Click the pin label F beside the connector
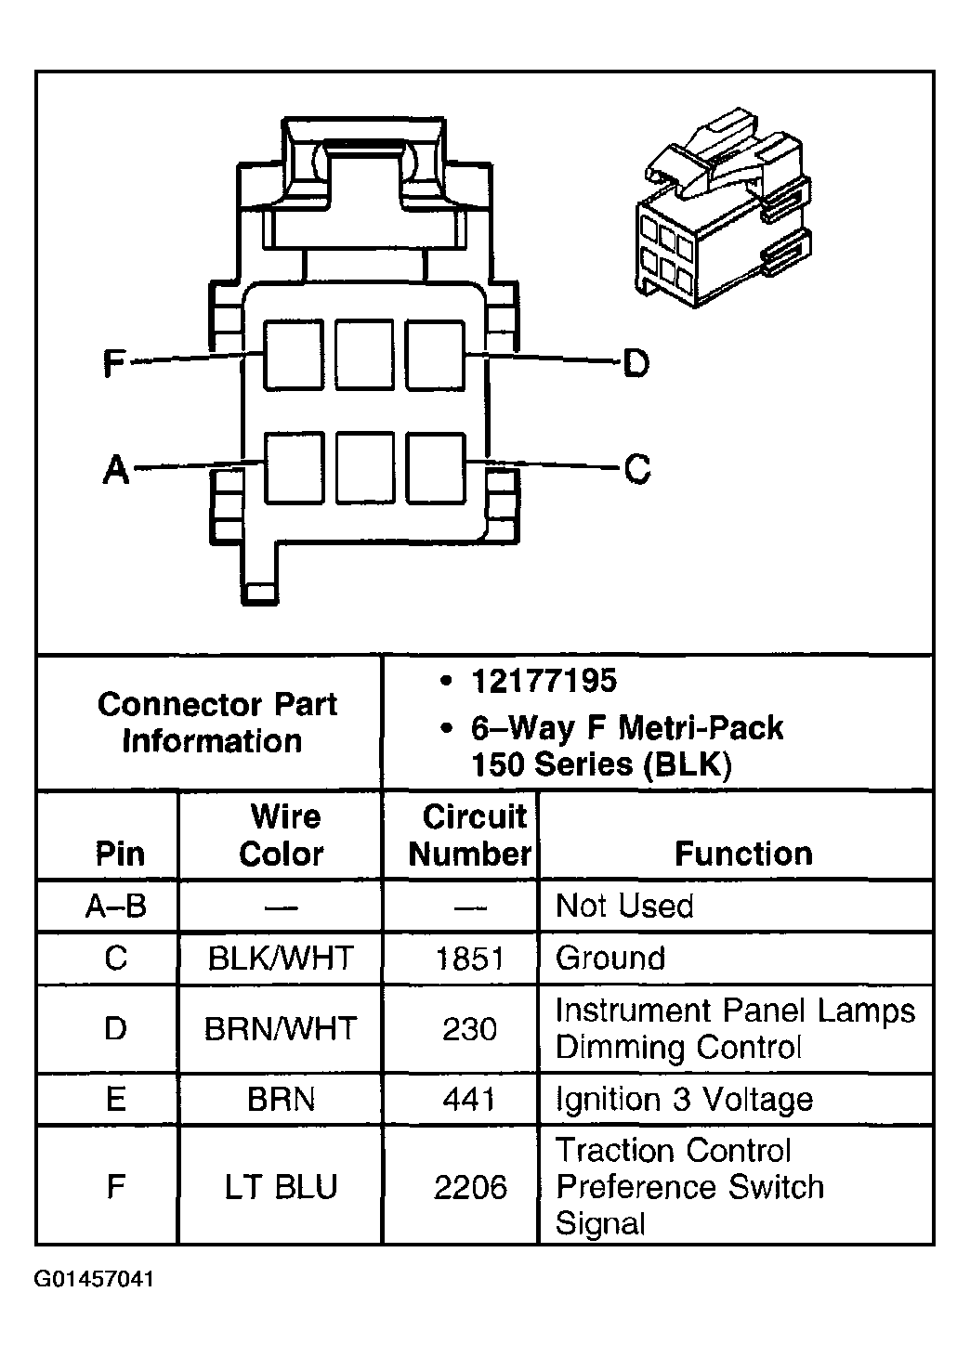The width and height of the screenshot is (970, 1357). (x=113, y=363)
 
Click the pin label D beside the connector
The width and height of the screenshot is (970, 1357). (x=636, y=363)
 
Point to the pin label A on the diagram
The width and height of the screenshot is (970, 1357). (x=115, y=469)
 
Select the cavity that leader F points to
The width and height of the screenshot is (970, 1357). (x=293, y=355)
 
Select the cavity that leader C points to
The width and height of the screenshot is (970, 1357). (x=435, y=467)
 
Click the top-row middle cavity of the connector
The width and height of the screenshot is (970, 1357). (x=364, y=355)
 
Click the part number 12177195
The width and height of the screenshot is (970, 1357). (x=544, y=681)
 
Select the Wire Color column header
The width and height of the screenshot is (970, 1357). (x=282, y=835)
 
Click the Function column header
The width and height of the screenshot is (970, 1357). (x=743, y=854)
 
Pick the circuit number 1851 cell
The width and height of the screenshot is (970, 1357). (x=469, y=959)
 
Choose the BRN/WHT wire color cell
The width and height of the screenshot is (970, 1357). (x=281, y=1029)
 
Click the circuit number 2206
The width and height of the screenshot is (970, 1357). (x=470, y=1187)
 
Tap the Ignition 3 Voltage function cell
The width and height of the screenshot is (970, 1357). (x=685, y=1100)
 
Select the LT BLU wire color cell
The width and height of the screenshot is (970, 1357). (x=281, y=1187)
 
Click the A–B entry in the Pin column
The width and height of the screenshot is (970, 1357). (x=116, y=906)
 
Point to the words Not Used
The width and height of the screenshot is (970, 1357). (x=624, y=906)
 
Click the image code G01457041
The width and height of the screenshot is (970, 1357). (x=96, y=1279)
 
